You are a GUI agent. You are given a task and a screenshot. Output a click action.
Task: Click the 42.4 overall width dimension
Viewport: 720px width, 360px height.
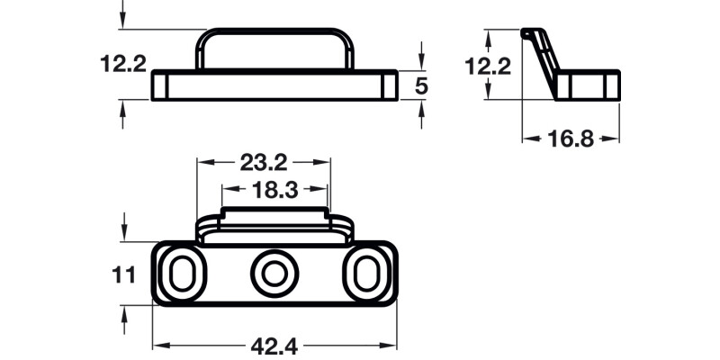pyautogui.click(x=275, y=346)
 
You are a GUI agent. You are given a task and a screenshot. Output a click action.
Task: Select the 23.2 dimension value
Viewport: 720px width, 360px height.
pyautogui.click(x=264, y=163)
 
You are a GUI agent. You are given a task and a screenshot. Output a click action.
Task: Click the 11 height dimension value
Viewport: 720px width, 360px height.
pyautogui.click(x=125, y=274)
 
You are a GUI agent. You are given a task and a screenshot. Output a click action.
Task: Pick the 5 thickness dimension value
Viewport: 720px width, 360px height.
pyautogui.click(x=421, y=85)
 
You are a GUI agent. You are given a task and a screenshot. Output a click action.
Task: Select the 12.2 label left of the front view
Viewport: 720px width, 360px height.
pyautogui.click(x=123, y=64)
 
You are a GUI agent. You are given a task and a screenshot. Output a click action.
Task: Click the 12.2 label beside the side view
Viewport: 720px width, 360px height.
pyautogui.click(x=489, y=65)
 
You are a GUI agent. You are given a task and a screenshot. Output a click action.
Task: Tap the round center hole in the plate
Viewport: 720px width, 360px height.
pyautogui.click(x=274, y=273)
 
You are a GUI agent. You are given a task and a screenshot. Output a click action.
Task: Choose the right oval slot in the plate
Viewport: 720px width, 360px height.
pyautogui.click(x=366, y=273)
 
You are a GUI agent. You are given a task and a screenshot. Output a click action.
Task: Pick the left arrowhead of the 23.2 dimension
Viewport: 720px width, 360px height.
pyautogui.click(x=203, y=163)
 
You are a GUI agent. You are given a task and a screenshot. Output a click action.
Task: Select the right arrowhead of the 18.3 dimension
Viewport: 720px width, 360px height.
pyautogui.click(x=321, y=190)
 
